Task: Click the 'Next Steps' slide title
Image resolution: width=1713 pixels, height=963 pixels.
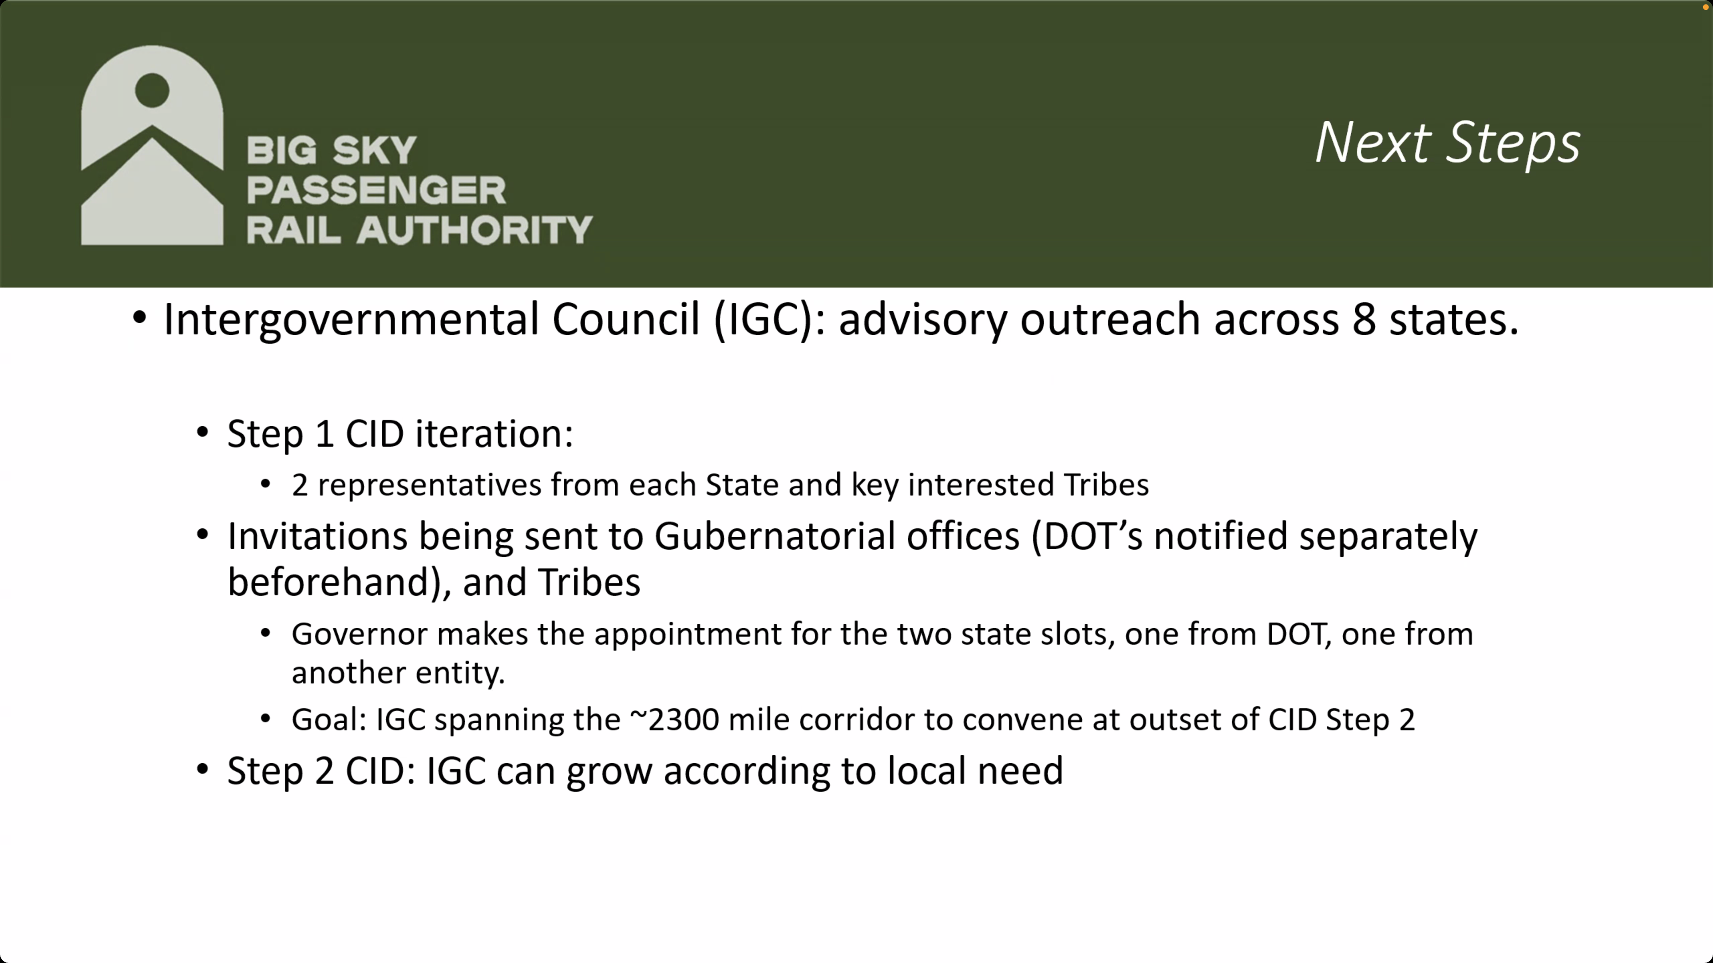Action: pos(1447,144)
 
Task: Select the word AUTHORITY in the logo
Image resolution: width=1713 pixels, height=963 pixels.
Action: pos(474,230)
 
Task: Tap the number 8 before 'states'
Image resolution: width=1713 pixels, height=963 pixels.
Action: pos(1364,319)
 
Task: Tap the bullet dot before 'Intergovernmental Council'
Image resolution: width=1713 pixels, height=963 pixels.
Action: pos(139,318)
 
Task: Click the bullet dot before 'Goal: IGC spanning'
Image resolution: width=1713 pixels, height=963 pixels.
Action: pos(265,718)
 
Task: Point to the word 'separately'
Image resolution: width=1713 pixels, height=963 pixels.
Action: pos(1389,537)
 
